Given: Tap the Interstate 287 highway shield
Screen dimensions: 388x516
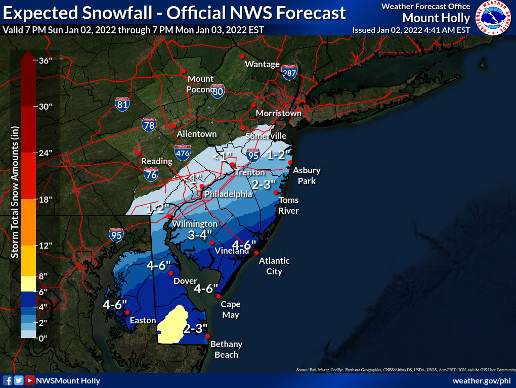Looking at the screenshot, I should click(289, 72).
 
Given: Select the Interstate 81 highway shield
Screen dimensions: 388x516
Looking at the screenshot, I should click(122, 104).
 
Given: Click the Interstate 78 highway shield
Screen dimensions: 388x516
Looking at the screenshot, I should click(148, 124).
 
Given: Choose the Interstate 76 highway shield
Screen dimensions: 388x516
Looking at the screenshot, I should click(151, 174).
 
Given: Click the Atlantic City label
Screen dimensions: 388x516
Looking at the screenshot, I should click(274, 266).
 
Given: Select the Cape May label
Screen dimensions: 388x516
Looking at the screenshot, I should click(230, 309).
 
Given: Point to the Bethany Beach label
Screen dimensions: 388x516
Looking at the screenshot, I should click(226, 349).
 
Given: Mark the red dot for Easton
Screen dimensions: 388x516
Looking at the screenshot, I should click(127, 312).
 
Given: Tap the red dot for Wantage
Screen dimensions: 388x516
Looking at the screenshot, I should click(242, 56).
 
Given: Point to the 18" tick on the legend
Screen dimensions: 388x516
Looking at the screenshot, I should click(46, 199).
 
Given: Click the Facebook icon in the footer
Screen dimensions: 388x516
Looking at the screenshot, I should click(8, 380).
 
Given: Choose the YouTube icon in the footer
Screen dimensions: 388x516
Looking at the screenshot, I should click(30, 380).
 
